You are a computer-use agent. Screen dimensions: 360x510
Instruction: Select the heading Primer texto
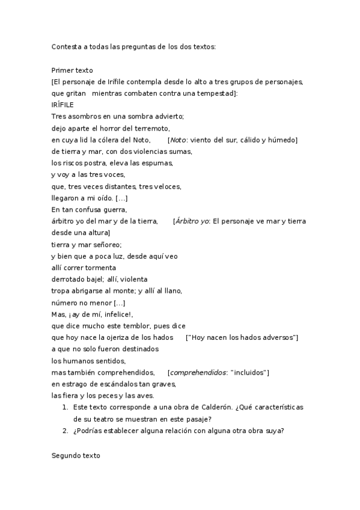pyautogui.click(x=72, y=70)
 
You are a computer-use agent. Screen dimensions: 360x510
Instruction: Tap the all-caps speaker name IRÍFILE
pyautogui.click(x=63, y=105)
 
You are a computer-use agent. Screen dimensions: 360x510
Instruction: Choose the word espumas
pyautogui.click(x=156, y=163)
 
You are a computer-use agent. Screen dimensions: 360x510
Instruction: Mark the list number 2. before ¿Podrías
pyautogui.click(x=66, y=431)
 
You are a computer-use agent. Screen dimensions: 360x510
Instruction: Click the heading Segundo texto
pyautogui.click(x=76, y=456)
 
